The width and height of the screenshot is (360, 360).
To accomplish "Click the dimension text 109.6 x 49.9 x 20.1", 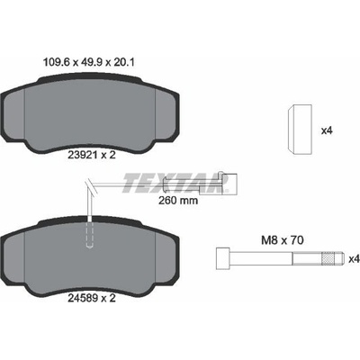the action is click(x=88, y=63).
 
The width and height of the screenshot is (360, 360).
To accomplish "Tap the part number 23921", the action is click(x=80, y=155).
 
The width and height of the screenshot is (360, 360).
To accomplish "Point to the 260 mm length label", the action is click(x=178, y=200).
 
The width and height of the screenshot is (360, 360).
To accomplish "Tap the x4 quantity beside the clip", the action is click(x=327, y=130).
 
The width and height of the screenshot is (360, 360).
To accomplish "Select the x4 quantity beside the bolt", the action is click(x=354, y=259).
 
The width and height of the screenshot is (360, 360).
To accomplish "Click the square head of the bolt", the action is click(x=223, y=258).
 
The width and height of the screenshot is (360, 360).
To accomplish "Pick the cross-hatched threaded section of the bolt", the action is click(x=328, y=258).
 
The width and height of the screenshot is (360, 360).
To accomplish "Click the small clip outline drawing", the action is click(x=300, y=130).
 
